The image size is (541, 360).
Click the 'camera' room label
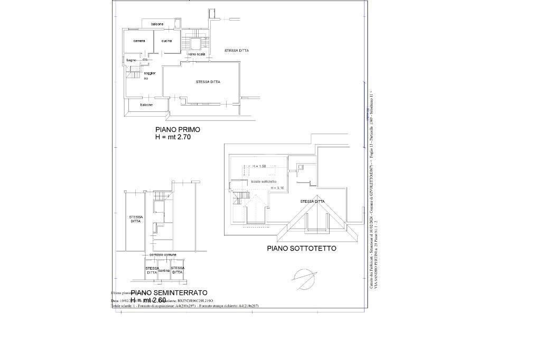tap(139, 41)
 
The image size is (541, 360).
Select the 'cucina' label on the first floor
tap(166, 41)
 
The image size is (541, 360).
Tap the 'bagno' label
tap(131, 60)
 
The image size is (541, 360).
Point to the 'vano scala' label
tap(197, 54)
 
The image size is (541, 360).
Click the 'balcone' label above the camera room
tap(157, 24)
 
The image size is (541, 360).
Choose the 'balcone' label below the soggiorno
tap(146, 105)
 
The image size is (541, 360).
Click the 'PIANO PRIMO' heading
tap(178, 129)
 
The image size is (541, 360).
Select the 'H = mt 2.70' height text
tap(172, 137)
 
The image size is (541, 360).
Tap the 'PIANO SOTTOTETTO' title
tap(301, 248)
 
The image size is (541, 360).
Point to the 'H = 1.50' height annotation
tap(259, 166)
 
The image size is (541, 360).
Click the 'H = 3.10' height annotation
tap(277, 188)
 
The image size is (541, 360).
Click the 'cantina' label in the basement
tap(164, 271)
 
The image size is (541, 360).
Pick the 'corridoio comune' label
tap(163, 255)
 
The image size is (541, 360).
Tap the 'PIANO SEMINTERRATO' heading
tap(169, 292)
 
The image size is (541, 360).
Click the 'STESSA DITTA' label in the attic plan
tap(312, 201)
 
